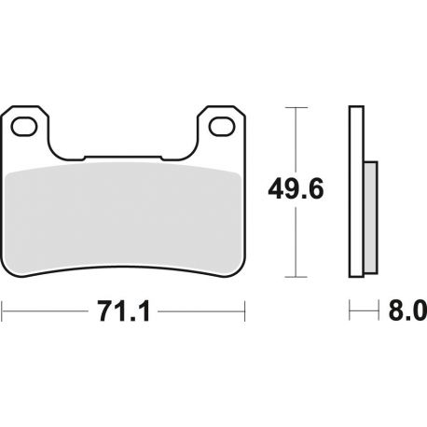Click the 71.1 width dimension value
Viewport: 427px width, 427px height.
click(124, 311)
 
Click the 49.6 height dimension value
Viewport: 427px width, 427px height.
click(296, 189)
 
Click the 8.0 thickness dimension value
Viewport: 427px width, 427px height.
click(407, 310)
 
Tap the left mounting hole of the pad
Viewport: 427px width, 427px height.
click(24, 127)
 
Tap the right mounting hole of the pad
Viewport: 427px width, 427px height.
click(221, 127)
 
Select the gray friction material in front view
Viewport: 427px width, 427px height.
click(124, 219)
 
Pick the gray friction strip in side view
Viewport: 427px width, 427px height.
click(371, 217)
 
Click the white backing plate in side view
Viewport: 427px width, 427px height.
click(356, 191)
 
